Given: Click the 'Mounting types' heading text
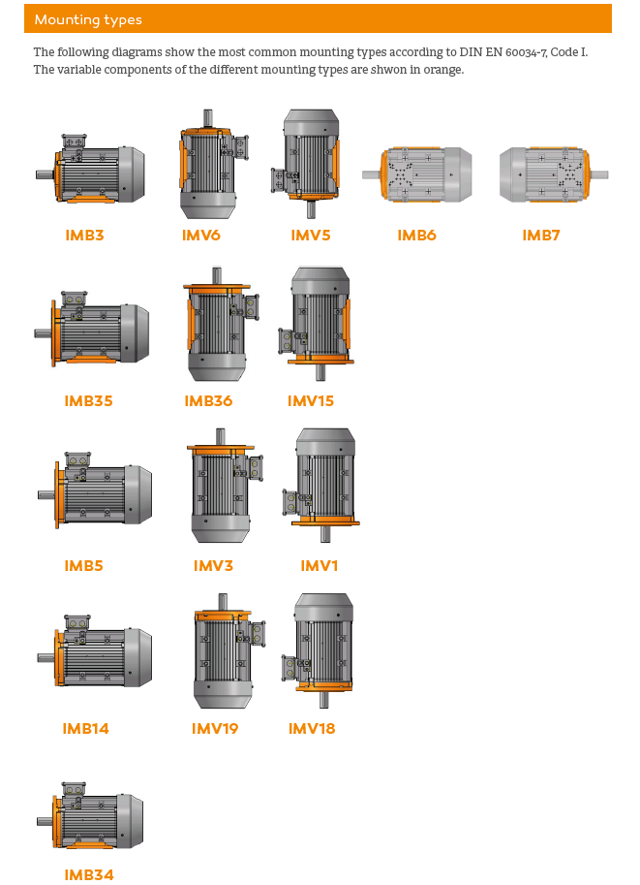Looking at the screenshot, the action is coord(88,19).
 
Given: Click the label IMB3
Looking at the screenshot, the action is coord(84,236).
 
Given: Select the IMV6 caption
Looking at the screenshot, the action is coord(200,236).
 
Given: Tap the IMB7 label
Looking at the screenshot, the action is coord(541,236).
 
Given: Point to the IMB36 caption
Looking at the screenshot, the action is coord(208,400).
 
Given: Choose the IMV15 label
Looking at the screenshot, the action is coord(310,400).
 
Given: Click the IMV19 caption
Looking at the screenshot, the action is coord(215,729).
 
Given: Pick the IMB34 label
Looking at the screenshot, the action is coord(89,875).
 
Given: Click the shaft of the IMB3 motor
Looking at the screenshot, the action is coord(46,175).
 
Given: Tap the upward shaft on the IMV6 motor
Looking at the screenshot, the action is coord(207,118).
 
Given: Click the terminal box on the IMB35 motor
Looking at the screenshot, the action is coord(74,300).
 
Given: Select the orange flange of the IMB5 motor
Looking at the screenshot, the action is coord(56,495).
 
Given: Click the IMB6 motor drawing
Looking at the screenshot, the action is coord(417,174).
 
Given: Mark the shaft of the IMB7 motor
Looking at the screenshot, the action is coord(598,174).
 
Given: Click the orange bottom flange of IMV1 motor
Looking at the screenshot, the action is coord(325,522).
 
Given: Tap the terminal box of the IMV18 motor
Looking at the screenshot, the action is coord(289,668).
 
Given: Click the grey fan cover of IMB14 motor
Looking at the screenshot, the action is coord(138,657).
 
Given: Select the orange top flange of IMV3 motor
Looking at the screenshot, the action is coord(221,449).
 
